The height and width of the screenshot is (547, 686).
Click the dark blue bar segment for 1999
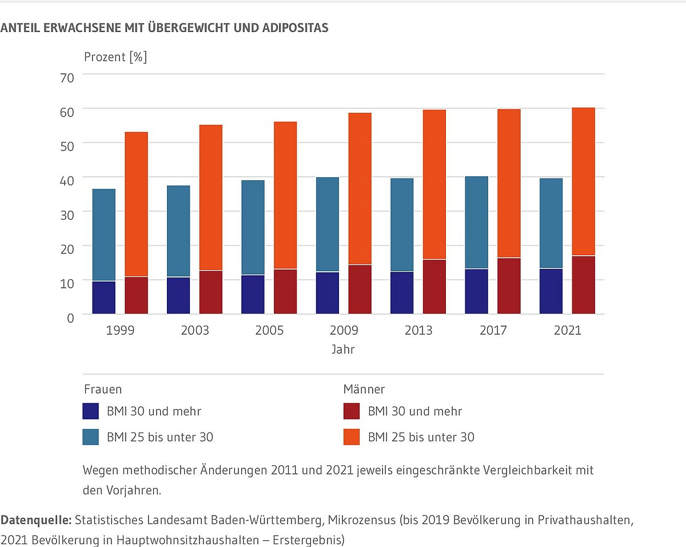[103, 298]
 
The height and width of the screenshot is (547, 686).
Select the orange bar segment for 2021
[583, 181]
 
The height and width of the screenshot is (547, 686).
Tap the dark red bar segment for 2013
[434, 287]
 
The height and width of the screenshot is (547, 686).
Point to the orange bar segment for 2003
[210, 197]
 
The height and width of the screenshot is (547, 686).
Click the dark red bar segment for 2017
[509, 286]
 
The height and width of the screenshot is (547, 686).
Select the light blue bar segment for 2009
[327, 224]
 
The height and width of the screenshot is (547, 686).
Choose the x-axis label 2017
[492, 331]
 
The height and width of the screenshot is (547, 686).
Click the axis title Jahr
[343, 349]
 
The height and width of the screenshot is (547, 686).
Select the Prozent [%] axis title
[115, 57]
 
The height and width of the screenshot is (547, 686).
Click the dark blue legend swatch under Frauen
[91, 411]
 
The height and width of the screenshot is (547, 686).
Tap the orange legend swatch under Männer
[351, 437]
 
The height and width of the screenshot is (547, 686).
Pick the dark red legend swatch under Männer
[351, 411]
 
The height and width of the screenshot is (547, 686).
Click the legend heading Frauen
[103, 390]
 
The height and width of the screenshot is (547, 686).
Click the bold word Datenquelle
[35, 521]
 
